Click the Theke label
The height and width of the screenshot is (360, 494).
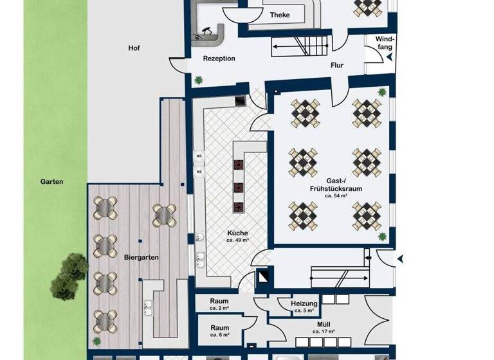click(280, 15)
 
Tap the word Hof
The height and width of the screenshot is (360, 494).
click(134, 48)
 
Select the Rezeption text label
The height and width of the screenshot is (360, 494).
click(219, 59)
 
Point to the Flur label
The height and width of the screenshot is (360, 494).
click(337, 65)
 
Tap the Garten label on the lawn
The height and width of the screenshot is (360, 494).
click(51, 182)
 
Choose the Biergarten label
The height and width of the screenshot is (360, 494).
click(141, 257)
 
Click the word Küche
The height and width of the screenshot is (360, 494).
click(237, 233)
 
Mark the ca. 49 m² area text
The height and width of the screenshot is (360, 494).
click(237, 240)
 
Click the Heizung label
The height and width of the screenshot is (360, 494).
click(304, 303)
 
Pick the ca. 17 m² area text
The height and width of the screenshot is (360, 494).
click(323, 332)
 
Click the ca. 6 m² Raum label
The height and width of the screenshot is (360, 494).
click(219, 330)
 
